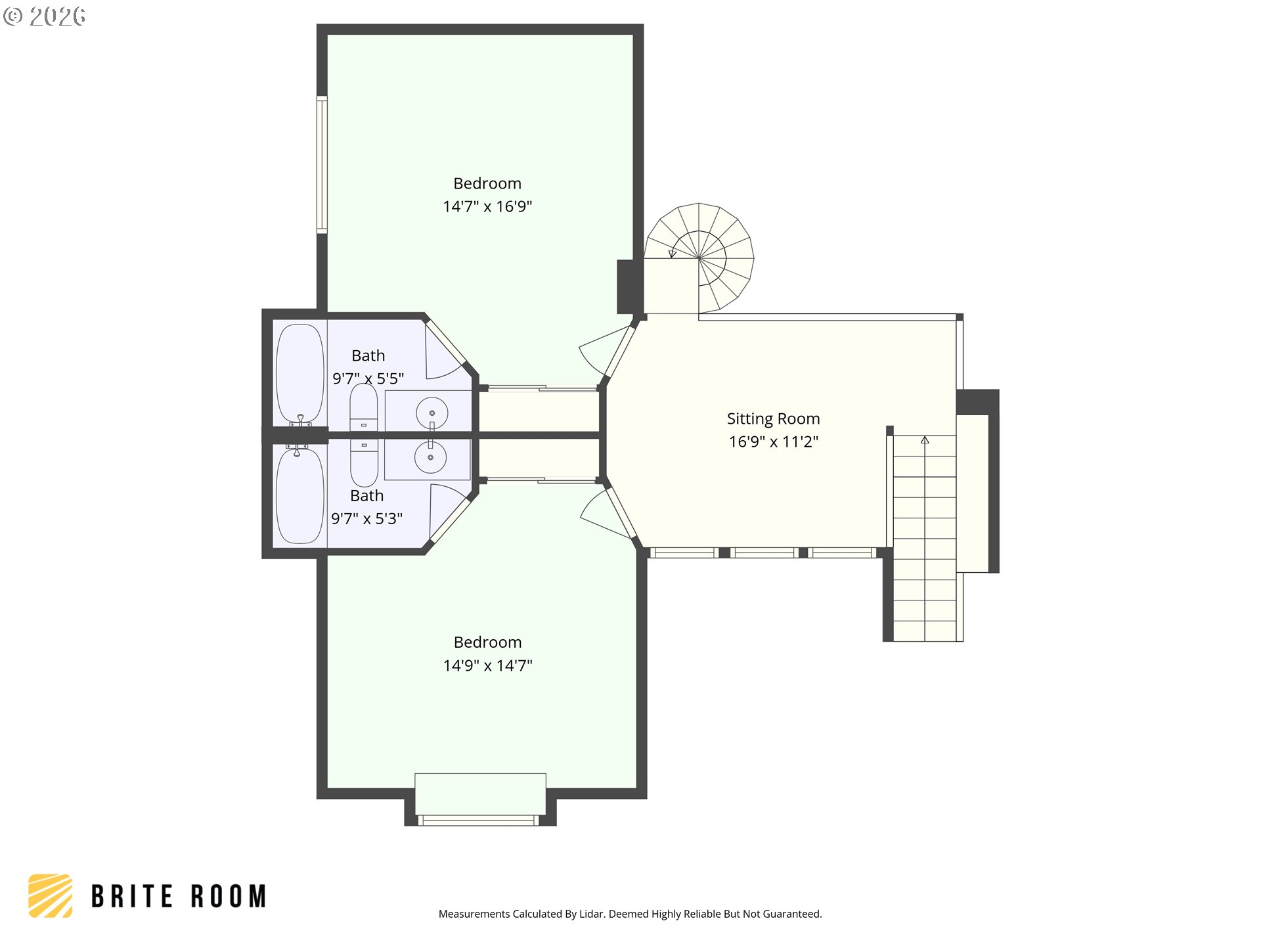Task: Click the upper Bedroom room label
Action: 487,183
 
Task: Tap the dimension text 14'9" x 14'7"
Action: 487,665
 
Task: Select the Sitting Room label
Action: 773,419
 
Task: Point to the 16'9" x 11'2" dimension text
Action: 773,441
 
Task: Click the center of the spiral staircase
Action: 699,258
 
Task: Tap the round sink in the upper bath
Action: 431,413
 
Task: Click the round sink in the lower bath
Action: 431,457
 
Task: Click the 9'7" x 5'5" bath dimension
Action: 368,378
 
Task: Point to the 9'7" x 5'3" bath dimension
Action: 366,518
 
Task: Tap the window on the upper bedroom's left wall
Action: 322,164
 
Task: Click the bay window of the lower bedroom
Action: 479,820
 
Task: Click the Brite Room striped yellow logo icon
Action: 51,895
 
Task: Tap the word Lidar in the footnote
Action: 592,914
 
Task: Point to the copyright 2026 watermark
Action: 44,16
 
